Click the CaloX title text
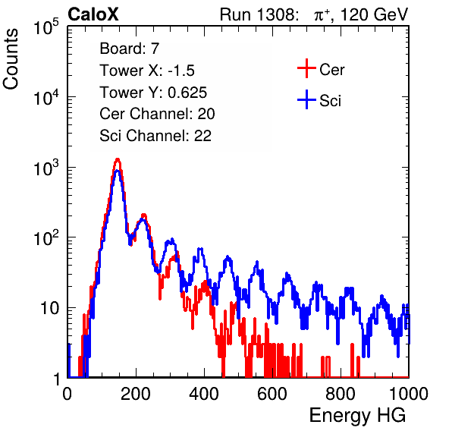pos(93,14)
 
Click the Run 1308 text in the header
pos(258,14)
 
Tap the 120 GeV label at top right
pos(374,14)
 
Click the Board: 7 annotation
pos(130,49)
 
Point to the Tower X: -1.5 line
pos(147,71)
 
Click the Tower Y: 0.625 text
pos(153,93)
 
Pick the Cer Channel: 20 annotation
pos(157,114)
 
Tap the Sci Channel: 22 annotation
pos(155,136)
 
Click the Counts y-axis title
pos(11,59)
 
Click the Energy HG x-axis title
pos(357,416)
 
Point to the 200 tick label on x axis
pos(136,394)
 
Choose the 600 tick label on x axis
pos(272,394)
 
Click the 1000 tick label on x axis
pos(409,394)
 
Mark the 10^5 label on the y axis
pos(46,27)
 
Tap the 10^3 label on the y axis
pos(46,168)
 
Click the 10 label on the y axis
pos(49,308)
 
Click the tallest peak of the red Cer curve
pos(118,159)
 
